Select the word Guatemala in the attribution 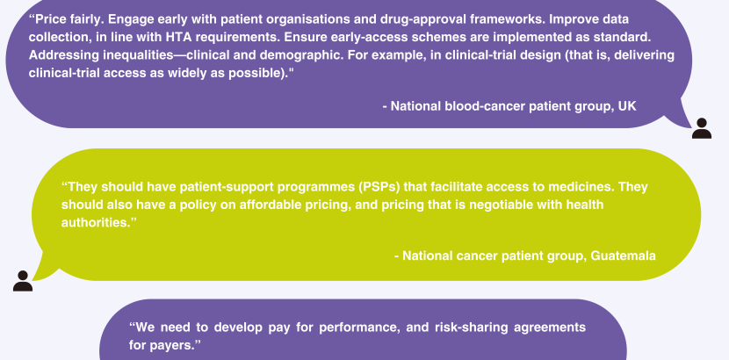click(x=623, y=256)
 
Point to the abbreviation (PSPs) click(x=379, y=187)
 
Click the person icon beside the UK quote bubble click(x=702, y=128)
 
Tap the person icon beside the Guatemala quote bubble click(x=23, y=281)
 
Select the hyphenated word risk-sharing click(x=471, y=328)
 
